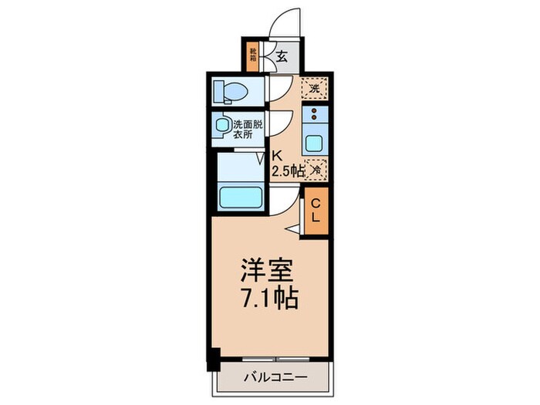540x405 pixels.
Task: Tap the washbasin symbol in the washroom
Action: pos(224,125)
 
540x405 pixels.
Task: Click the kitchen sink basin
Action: pos(316,142)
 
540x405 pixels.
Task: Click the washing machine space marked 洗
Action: pos(313,89)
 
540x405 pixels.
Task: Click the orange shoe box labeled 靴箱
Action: pos(252,54)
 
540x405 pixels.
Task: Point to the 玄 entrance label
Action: pos(282,56)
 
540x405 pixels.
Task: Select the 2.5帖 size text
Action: pos(287,170)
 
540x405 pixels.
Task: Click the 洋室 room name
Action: pos(266,272)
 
